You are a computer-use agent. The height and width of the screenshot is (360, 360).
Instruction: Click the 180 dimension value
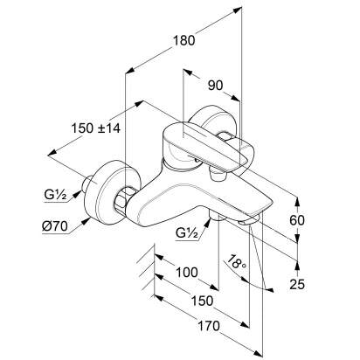(183, 40)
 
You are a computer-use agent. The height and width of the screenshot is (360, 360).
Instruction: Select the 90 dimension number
(216, 86)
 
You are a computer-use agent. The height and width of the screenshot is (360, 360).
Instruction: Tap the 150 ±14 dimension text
(96, 128)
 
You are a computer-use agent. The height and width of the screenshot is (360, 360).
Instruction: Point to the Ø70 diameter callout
(55, 225)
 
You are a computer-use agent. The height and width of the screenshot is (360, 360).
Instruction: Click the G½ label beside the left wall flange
(56, 194)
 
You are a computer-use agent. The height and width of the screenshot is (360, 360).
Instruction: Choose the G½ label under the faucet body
(187, 233)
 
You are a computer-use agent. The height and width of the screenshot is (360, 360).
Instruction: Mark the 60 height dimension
(297, 220)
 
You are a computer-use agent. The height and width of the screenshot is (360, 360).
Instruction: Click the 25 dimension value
(297, 284)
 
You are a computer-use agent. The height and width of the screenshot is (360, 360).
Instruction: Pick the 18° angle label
(236, 262)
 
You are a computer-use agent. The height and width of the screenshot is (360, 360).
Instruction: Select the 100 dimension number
(187, 273)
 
